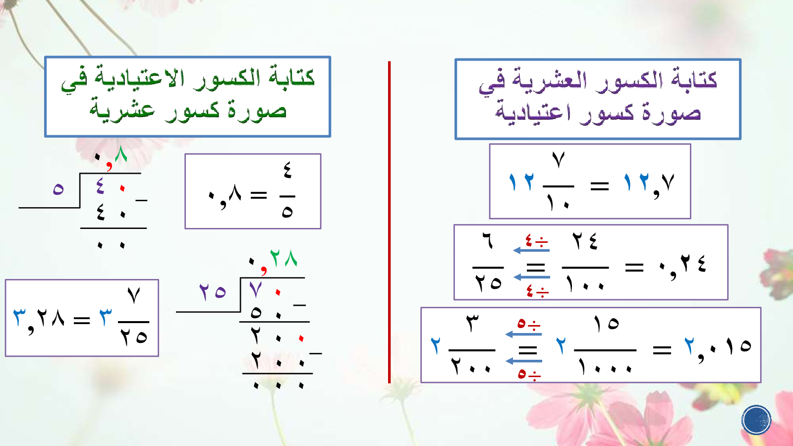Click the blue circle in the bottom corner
pos(756,420)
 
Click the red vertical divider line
pos(389,222)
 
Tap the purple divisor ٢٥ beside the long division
pos(213,292)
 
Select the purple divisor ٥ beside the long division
pos(58,189)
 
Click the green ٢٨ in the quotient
pos(283,258)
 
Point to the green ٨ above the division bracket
pos(121,154)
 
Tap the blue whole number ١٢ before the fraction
pos(521,182)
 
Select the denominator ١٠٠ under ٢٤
pos(585,283)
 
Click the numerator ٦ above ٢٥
pos(488,242)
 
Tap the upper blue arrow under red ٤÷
pos(531,250)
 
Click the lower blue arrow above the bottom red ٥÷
pos(524,361)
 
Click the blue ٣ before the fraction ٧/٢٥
pos(106,317)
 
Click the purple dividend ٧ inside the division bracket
pos(255,290)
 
